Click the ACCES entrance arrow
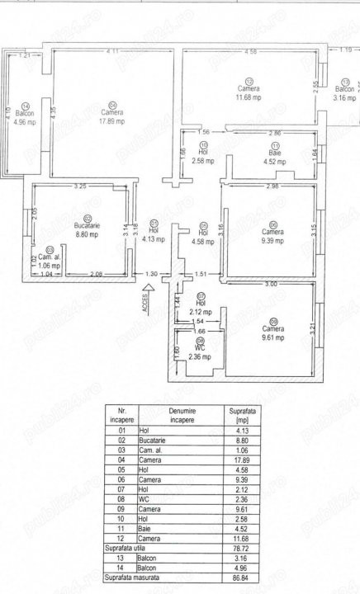146,292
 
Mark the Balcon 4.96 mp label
26,116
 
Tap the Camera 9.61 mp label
272,332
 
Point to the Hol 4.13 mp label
154,234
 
